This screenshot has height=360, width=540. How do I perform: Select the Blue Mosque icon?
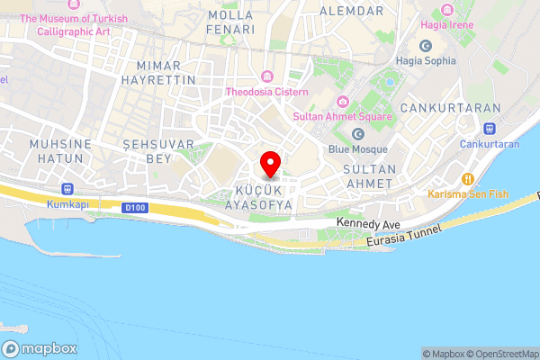click(x=358, y=134)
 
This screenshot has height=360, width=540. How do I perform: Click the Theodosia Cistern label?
click(x=267, y=92)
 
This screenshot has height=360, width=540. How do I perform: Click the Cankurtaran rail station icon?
click(x=490, y=129)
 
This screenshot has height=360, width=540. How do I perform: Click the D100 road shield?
click(x=134, y=209)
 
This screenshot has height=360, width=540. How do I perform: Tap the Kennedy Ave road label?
click(x=367, y=222)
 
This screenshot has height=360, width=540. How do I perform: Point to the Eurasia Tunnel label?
click(x=405, y=237)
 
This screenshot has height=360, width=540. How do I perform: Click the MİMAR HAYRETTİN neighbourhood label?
click(x=165, y=73)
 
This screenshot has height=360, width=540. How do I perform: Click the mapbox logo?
click(x=40, y=348)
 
